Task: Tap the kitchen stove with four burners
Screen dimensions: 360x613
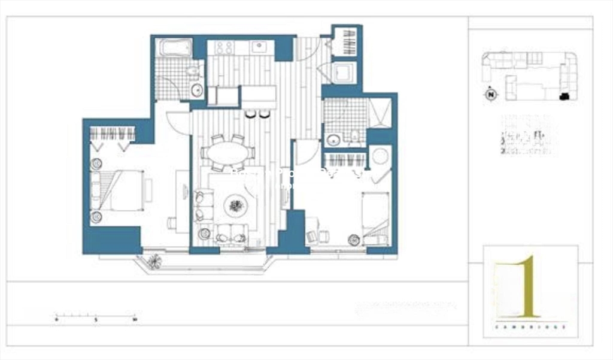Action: (x=224, y=47)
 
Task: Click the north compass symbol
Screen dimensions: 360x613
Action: (x=491, y=94)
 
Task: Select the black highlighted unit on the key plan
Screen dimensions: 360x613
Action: (x=563, y=96)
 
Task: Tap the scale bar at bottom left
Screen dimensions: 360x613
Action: (x=96, y=316)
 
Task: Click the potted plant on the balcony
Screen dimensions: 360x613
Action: (x=156, y=261)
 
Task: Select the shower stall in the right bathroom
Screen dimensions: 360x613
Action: (x=380, y=113)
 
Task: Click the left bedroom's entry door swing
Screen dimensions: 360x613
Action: (x=177, y=123)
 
